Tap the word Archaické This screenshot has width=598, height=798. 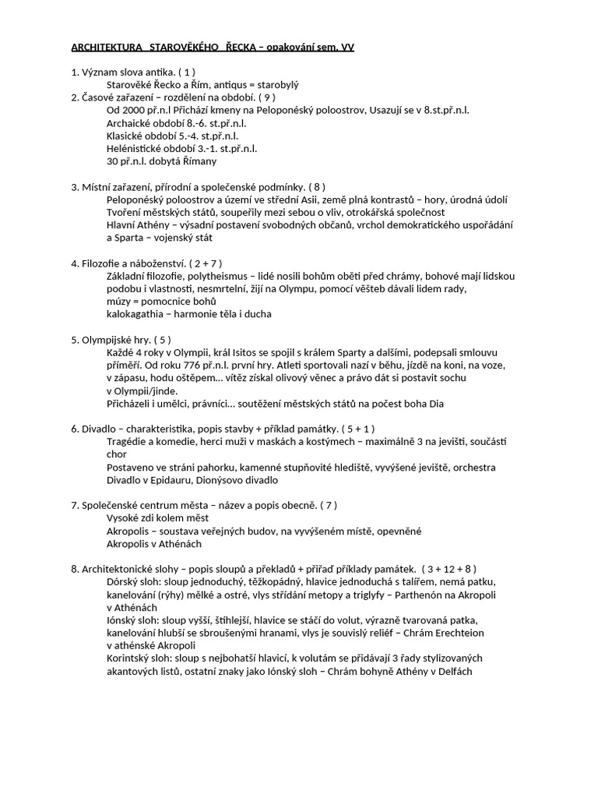[x=129, y=123]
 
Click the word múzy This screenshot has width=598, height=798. [x=119, y=302]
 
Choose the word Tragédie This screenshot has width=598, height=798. [x=127, y=441]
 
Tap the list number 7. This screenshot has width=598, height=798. [x=74, y=505]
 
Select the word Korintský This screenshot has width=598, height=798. [x=129, y=658]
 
